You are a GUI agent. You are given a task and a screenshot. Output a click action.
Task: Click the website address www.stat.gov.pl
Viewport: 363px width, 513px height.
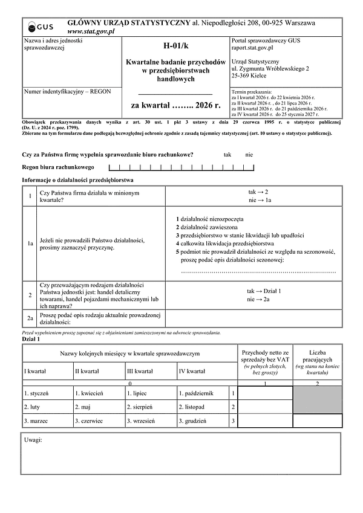pyautogui.click(x=91, y=31)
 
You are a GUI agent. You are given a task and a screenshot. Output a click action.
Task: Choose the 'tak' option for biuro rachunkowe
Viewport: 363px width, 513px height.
pyautogui.click(x=227, y=155)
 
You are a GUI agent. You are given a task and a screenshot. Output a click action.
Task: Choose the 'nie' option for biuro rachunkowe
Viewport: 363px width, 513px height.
pyautogui.click(x=249, y=155)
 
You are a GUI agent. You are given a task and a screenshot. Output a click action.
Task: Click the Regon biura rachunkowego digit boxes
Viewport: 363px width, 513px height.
pyautogui.click(x=181, y=167)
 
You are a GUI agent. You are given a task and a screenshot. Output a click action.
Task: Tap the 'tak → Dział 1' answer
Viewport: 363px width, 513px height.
pyautogui.click(x=264, y=291)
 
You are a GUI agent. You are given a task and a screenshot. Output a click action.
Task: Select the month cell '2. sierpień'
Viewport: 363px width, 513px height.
pyautogui.click(x=140, y=407)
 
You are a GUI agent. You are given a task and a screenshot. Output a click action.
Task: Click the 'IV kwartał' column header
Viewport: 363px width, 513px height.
pyautogui.click(x=191, y=370)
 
